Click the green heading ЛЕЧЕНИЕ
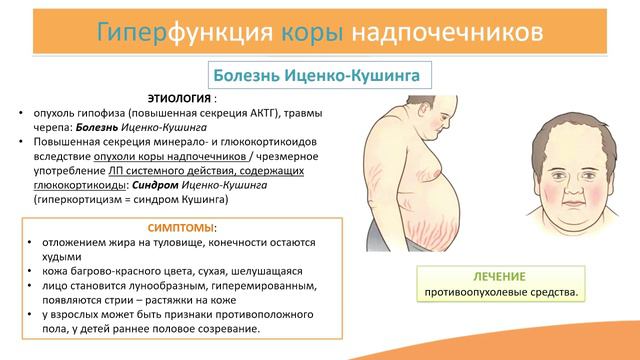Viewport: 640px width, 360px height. point(503,275)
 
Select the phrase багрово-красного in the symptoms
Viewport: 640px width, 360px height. point(104,271)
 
